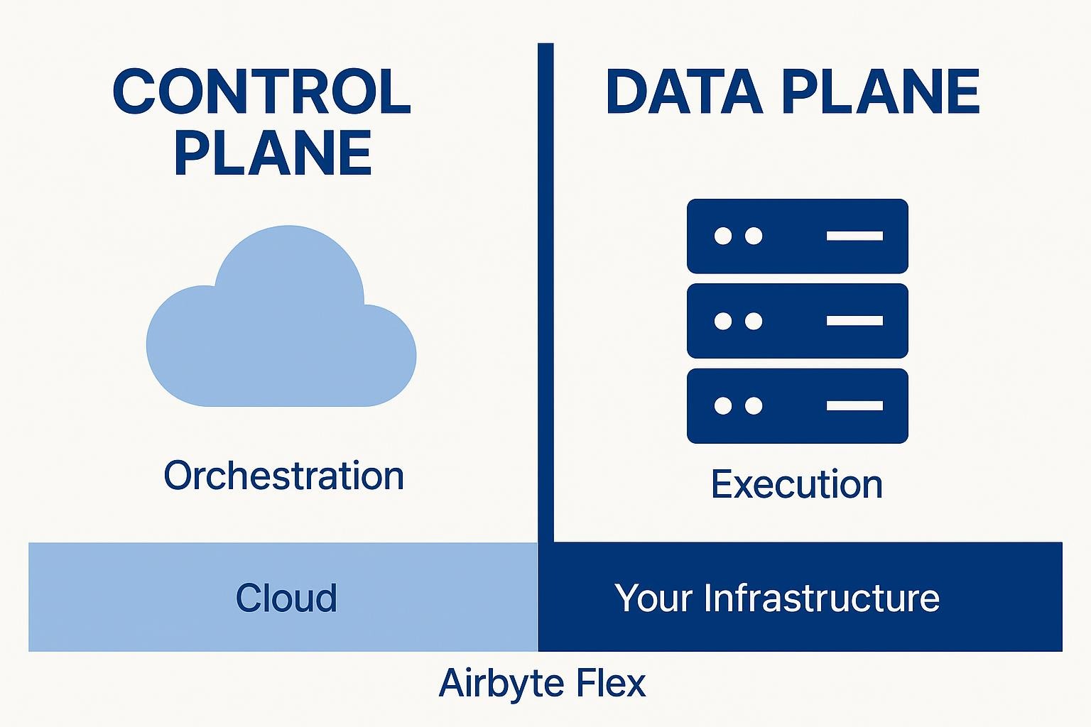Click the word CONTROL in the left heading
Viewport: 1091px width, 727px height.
(261, 92)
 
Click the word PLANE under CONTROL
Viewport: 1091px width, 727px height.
(273, 153)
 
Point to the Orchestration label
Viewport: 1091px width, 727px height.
(283, 476)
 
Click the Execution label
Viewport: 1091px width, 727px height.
(797, 484)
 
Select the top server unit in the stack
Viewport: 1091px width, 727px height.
(797, 236)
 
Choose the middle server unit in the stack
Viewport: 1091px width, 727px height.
(797, 321)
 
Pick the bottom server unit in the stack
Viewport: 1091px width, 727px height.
(797, 406)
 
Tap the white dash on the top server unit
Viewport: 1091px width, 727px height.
(854, 236)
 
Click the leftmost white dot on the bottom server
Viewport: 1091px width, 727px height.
(723, 406)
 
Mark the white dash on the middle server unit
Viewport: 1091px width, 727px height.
(854, 321)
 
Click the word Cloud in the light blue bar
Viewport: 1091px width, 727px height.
(286, 598)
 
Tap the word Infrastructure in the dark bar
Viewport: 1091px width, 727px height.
(822, 598)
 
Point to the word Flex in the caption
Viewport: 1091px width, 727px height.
(612, 683)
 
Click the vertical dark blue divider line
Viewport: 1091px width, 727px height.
(545, 284)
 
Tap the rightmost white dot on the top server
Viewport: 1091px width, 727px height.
(754, 236)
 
